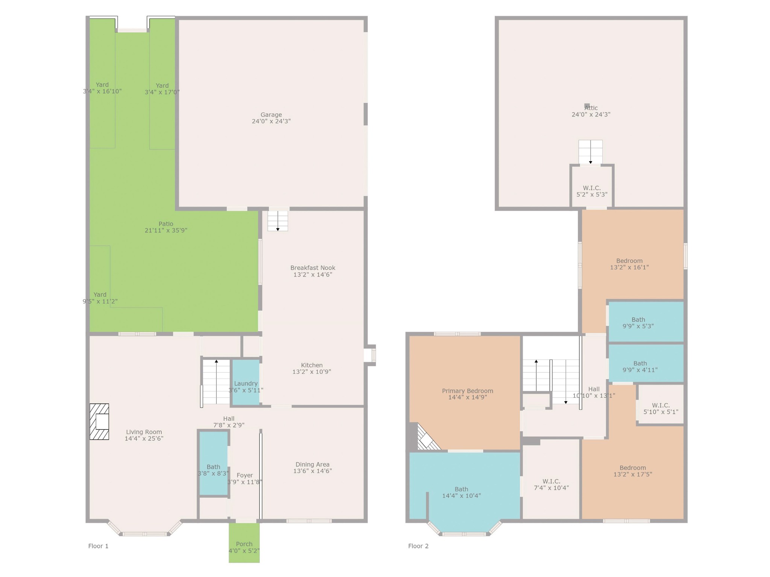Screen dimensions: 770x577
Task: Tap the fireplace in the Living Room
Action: click(99, 421)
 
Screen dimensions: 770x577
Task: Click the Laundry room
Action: click(246, 382)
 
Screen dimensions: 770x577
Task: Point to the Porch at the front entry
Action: click(244, 542)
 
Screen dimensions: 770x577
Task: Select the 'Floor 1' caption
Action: click(98, 546)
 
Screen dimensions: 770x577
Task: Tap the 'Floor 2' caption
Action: click(418, 546)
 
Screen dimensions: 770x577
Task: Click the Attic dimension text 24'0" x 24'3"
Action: click(591, 115)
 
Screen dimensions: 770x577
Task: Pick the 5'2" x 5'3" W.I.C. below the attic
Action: click(592, 187)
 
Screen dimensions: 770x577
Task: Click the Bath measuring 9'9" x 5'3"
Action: click(646, 322)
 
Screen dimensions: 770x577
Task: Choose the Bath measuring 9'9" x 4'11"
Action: click(646, 363)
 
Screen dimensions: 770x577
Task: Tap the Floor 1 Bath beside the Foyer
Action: click(214, 463)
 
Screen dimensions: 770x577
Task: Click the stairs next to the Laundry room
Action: click(216, 382)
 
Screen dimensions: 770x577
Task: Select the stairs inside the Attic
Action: click(590, 152)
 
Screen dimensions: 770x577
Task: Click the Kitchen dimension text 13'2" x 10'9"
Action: click(312, 372)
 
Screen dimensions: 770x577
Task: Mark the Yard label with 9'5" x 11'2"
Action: click(100, 298)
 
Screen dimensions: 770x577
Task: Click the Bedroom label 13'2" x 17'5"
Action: click(633, 471)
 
